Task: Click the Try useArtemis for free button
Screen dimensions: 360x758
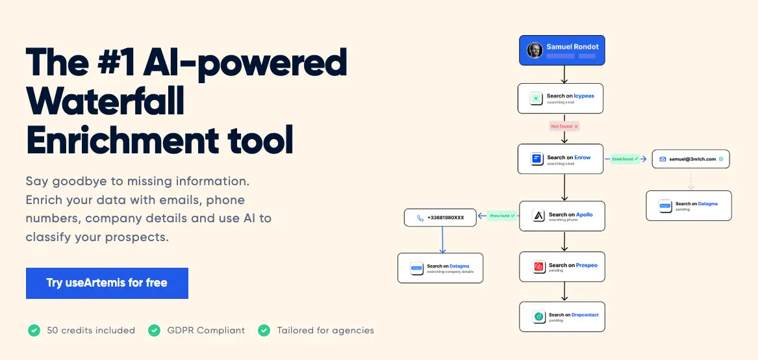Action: click(x=107, y=283)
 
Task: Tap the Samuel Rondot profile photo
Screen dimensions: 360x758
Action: click(x=535, y=50)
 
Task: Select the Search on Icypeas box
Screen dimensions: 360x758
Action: click(x=561, y=98)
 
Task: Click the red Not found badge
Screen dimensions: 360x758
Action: click(x=564, y=126)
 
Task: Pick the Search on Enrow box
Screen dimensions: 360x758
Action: click(x=561, y=159)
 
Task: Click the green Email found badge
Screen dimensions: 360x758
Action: click(x=625, y=159)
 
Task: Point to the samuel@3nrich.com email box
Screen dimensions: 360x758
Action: click(x=690, y=159)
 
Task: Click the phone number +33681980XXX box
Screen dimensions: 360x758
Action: click(x=440, y=218)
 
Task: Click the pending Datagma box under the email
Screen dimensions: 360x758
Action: click(x=689, y=206)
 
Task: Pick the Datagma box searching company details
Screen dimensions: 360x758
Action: click(x=440, y=268)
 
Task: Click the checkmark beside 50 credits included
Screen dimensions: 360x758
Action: click(x=34, y=331)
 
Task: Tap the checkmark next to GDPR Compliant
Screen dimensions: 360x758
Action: click(x=154, y=331)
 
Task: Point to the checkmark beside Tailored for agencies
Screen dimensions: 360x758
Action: click(x=264, y=331)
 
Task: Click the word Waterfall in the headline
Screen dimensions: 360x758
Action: click(x=105, y=101)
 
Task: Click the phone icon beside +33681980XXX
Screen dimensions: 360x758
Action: click(x=420, y=218)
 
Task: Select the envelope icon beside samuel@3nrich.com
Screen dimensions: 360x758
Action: click(x=663, y=159)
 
